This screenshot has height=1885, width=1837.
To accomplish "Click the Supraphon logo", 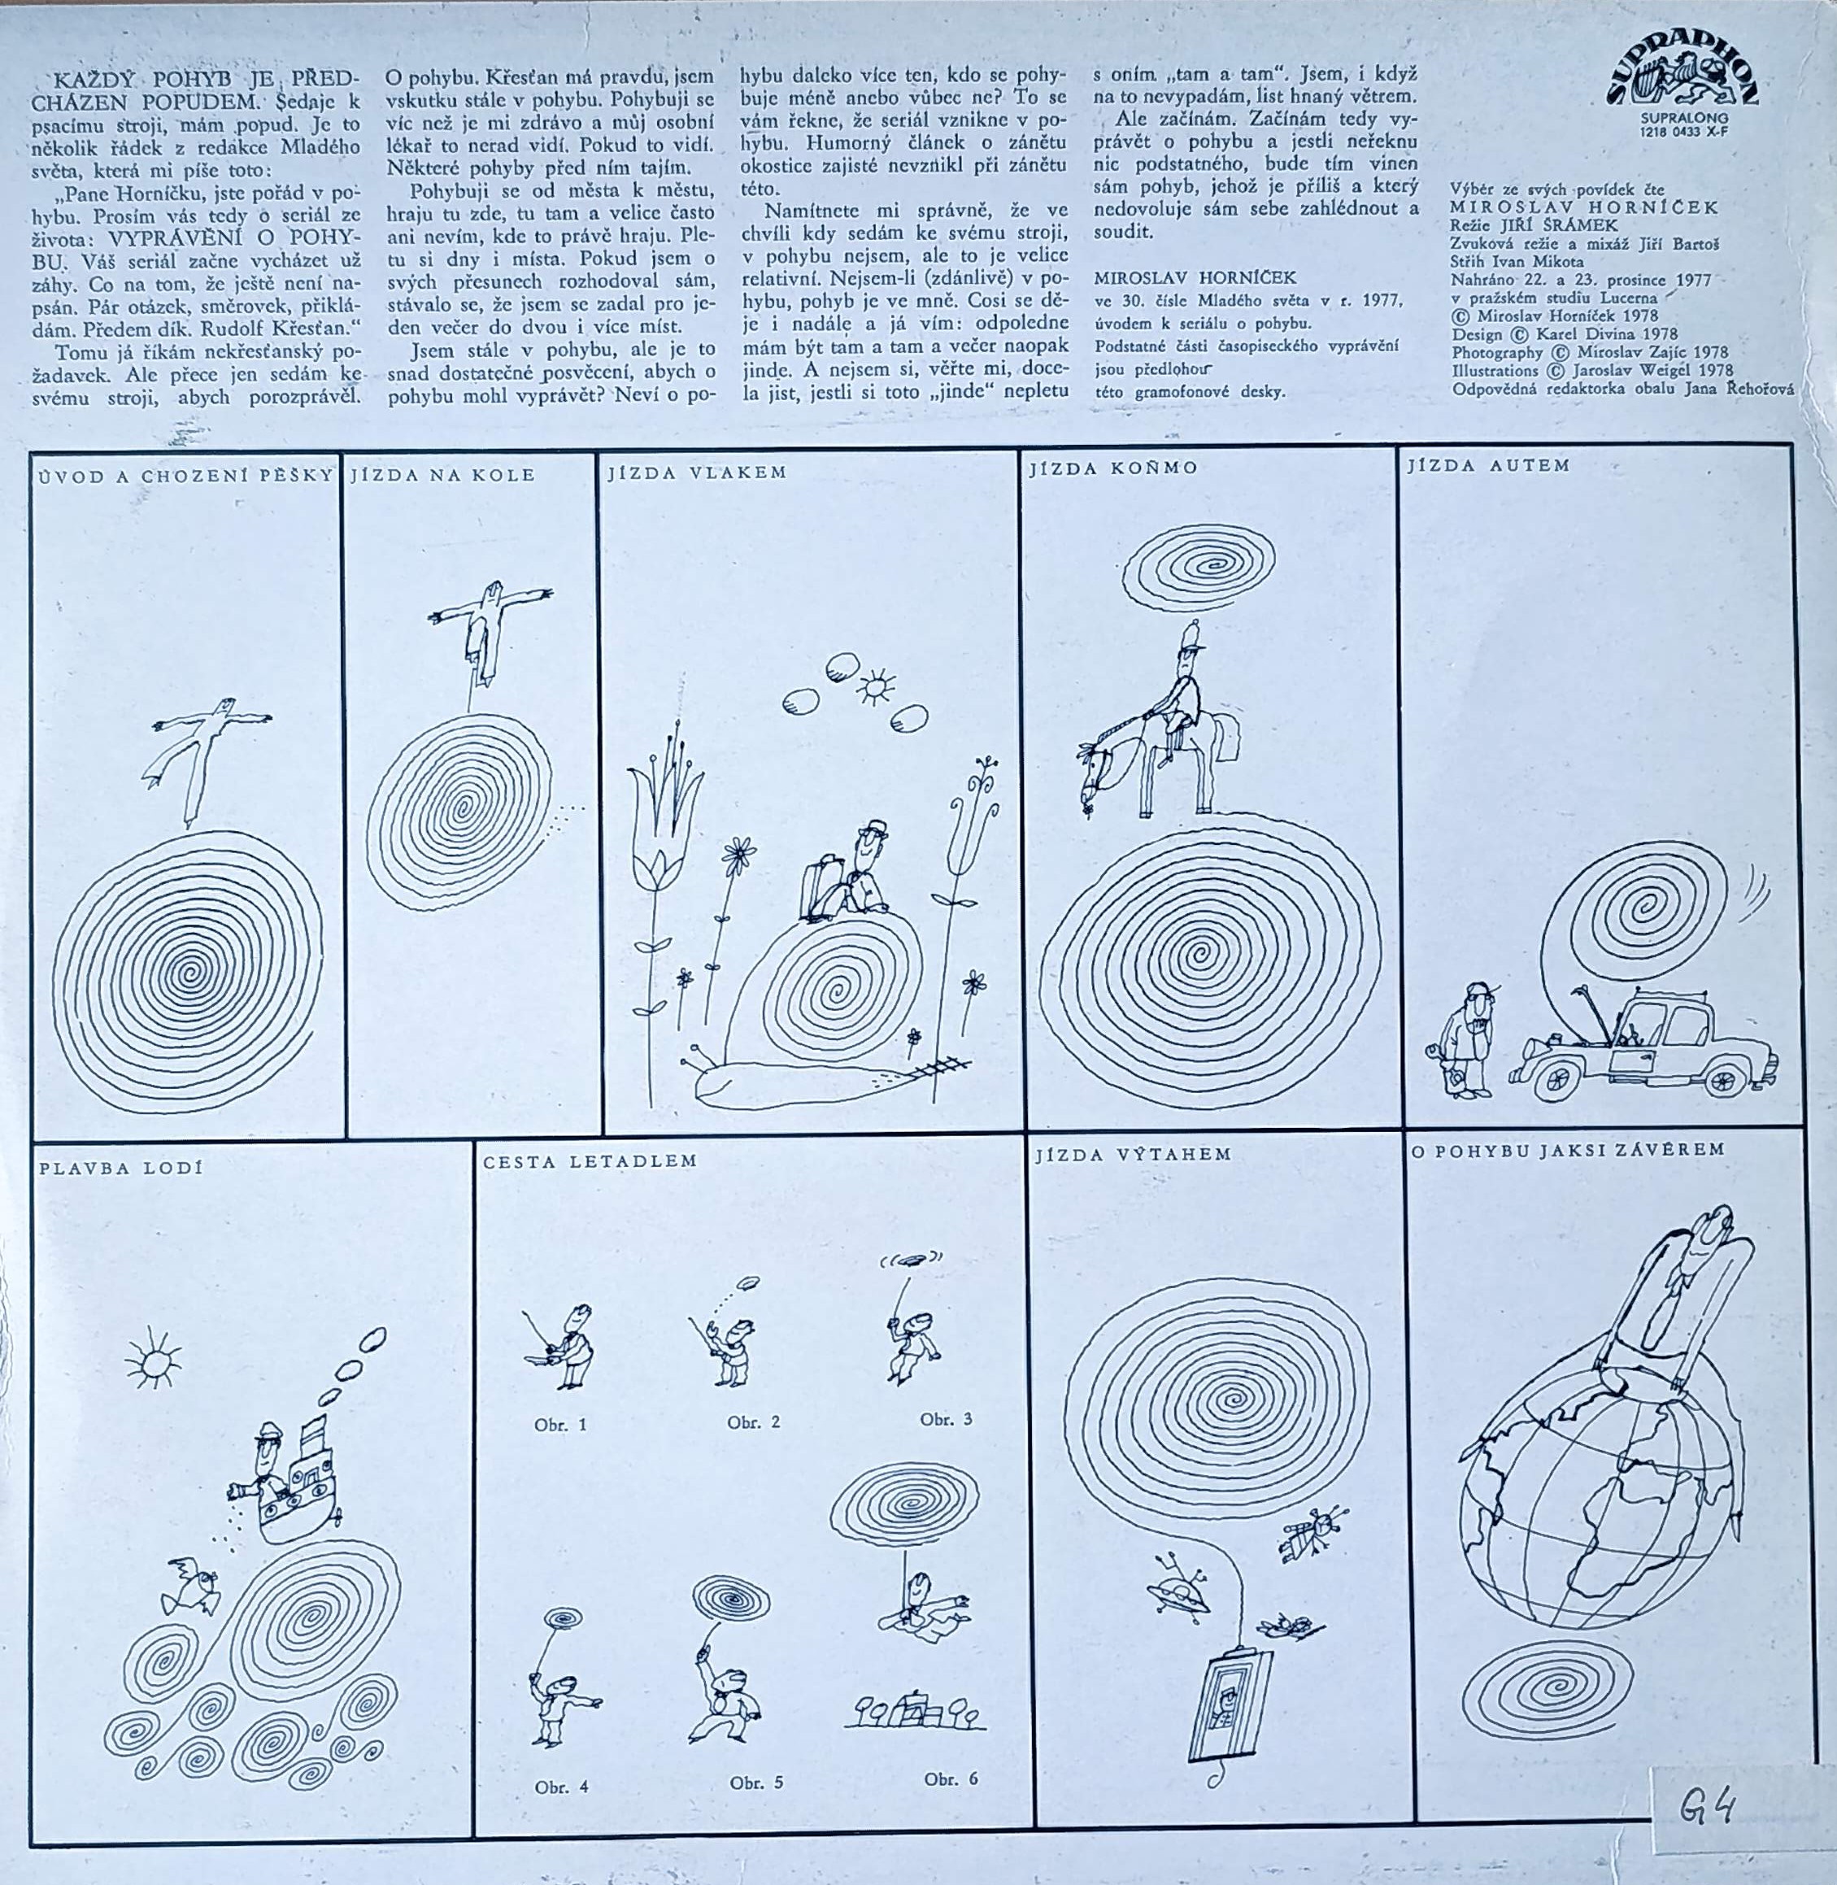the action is (1682, 78).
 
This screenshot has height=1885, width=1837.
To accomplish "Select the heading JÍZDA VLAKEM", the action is (697, 472).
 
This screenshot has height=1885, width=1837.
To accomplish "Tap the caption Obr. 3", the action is (946, 1419).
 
